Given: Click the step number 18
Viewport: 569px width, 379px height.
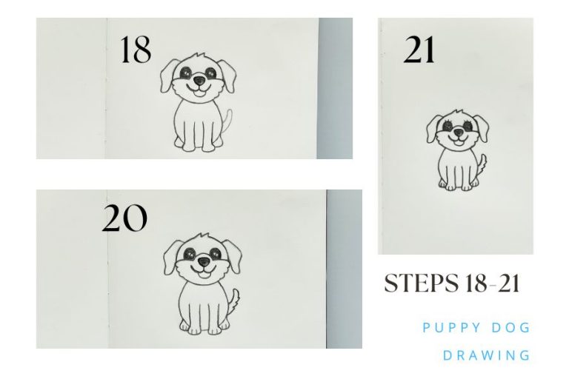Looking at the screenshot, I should click(136, 50).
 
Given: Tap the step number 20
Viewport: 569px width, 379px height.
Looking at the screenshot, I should click(124, 219).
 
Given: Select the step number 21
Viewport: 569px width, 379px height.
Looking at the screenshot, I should click(419, 50).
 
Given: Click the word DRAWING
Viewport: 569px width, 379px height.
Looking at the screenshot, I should click(487, 355).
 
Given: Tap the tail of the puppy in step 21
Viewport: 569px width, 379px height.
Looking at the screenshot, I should click(481, 162).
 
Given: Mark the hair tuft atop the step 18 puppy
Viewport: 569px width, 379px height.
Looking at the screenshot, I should click(196, 56).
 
